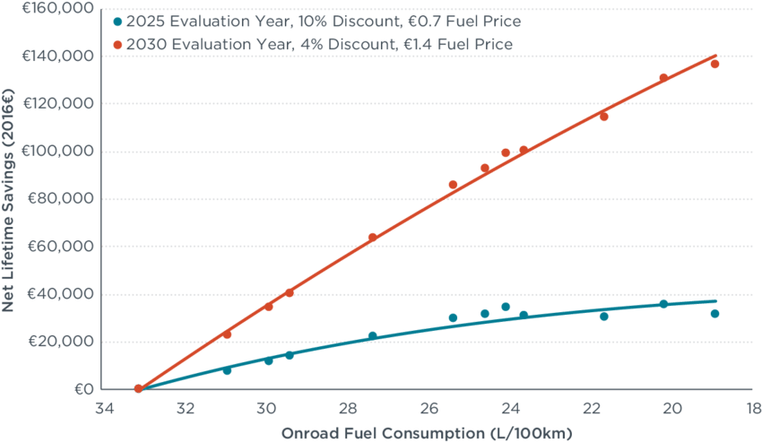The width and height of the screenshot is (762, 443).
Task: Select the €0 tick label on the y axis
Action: click(x=83, y=390)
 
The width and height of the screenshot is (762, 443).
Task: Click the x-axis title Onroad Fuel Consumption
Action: click(x=427, y=433)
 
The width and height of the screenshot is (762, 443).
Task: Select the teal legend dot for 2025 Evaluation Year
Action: click(x=117, y=20)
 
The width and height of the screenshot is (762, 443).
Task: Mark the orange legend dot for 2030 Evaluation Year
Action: click(x=117, y=43)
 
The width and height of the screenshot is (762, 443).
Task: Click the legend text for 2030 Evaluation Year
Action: click(x=320, y=43)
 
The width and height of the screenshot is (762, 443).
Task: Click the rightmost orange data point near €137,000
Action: click(x=714, y=64)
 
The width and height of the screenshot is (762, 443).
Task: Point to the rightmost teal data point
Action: click(x=714, y=314)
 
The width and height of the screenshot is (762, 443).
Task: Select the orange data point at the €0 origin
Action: click(x=137, y=389)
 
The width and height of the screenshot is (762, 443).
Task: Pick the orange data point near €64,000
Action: click(x=372, y=238)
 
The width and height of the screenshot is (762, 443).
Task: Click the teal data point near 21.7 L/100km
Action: click(x=603, y=317)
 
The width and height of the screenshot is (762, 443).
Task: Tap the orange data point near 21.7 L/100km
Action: click(x=603, y=117)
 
